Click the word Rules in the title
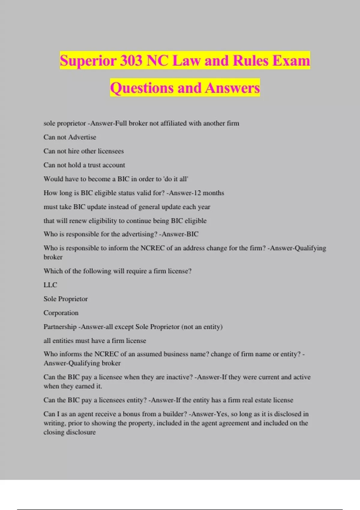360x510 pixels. (x=250, y=61)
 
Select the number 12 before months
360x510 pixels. (x=197, y=193)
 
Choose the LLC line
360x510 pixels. (x=50, y=285)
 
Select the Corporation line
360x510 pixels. (x=61, y=313)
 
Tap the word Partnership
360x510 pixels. (x=60, y=327)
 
